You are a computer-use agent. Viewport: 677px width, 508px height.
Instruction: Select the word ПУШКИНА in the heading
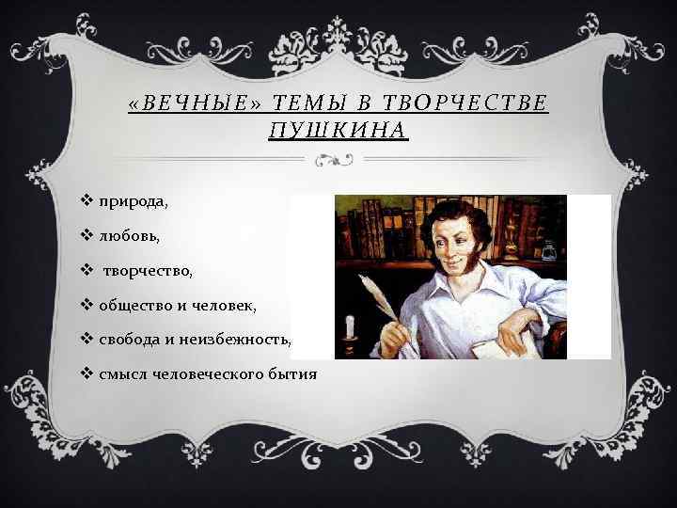338,130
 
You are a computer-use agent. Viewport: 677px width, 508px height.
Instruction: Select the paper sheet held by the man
503,344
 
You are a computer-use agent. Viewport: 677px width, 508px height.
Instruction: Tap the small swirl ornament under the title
338,160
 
